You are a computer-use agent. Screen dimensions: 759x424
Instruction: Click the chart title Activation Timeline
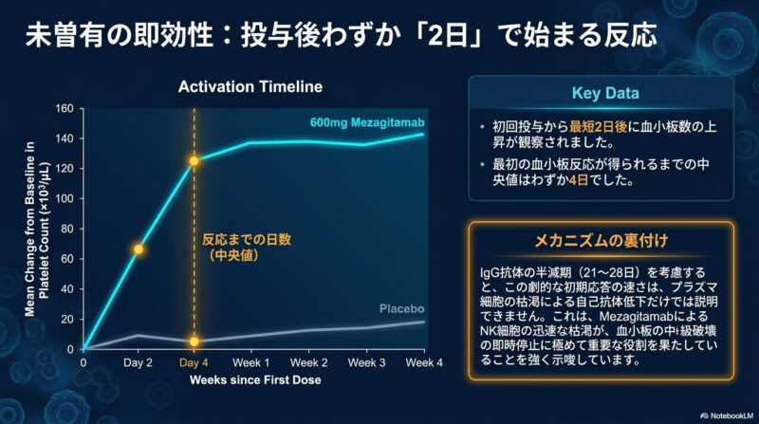tap(250, 86)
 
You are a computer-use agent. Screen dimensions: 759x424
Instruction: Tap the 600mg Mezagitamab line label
tap(367, 122)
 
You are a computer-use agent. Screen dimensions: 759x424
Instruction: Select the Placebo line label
tap(401, 309)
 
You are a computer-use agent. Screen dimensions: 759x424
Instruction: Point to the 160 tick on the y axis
tap(65, 108)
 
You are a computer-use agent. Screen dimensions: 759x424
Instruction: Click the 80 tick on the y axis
tap(67, 229)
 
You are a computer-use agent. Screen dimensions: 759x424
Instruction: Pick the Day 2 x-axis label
tap(138, 362)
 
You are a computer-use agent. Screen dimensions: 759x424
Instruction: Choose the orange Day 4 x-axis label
tap(194, 362)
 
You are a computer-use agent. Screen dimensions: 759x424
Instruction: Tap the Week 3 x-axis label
tap(366, 362)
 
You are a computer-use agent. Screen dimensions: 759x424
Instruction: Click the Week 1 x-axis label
tap(250, 362)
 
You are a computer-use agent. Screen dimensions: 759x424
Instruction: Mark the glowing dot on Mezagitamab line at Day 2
tap(139, 249)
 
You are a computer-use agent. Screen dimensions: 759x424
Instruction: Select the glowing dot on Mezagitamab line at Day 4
tap(194, 161)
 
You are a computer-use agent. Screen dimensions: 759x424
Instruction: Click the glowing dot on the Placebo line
tap(194, 341)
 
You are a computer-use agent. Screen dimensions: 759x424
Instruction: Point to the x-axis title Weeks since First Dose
tap(255, 380)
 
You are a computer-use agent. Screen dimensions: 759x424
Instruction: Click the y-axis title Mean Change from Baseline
tap(30, 229)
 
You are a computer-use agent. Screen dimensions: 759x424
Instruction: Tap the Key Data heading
tap(605, 93)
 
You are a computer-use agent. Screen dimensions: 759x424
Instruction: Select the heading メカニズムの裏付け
tap(602, 240)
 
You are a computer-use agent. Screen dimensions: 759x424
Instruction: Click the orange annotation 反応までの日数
tap(247, 239)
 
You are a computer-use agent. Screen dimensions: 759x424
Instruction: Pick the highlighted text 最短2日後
tap(598, 127)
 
